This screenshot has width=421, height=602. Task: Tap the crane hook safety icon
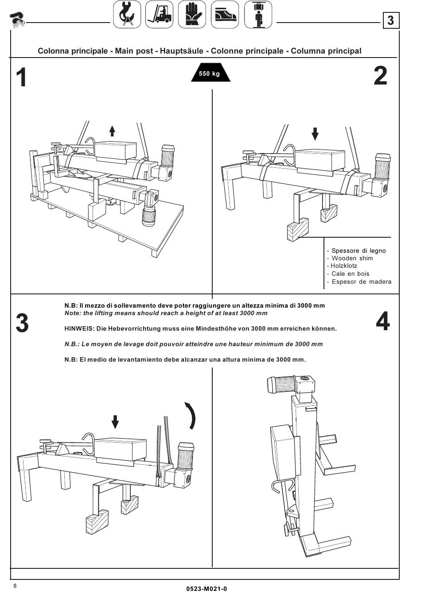click(x=127, y=15)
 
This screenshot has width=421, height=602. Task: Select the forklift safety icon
click(x=159, y=15)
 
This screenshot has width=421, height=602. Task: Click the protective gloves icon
click(x=192, y=15)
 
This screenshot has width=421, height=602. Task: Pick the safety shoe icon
click(x=225, y=15)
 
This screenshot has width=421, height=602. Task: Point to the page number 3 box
click(x=390, y=21)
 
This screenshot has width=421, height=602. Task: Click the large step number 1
click(x=21, y=78)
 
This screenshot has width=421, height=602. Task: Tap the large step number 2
click(x=380, y=76)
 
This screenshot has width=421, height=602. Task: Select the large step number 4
click(x=383, y=321)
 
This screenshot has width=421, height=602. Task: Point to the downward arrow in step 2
click(x=315, y=133)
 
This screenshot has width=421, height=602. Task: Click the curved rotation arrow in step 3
click(x=191, y=415)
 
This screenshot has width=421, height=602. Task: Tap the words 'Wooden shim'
click(x=352, y=258)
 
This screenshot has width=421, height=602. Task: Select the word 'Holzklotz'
click(x=343, y=266)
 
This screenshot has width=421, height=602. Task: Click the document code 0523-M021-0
click(x=207, y=589)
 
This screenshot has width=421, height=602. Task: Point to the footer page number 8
click(x=15, y=586)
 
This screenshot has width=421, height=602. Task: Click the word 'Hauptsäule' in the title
click(x=182, y=51)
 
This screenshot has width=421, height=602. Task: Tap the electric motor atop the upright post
click(x=284, y=383)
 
